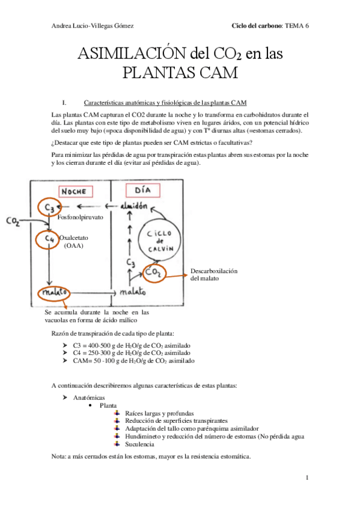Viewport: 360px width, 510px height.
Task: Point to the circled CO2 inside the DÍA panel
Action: [x=155, y=274]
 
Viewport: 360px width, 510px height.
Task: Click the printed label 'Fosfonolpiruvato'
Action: [x=82, y=220]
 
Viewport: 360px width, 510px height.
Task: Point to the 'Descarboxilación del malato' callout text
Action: [x=214, y=274]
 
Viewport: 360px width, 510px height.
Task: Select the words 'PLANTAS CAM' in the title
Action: [x=180, y=73]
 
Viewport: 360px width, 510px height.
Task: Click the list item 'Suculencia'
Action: [x=139, y=444]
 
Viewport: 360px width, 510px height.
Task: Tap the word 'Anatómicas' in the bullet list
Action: [x=88, y=398]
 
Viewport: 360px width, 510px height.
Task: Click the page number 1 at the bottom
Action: [x=307, y=478]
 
